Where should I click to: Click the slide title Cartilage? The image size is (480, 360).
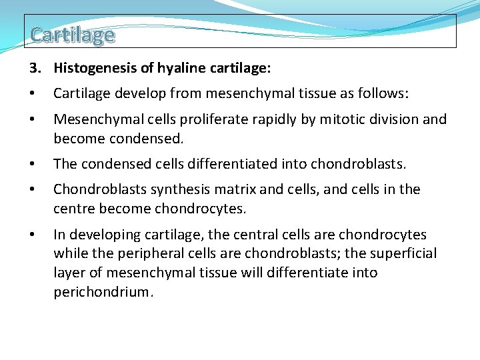click(x=72, y=35)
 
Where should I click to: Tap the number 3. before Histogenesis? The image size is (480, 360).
click(x=35, y=68)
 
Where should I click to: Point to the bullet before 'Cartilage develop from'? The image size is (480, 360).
click(x=32, y=94)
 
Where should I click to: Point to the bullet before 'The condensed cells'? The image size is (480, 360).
click(x=32, y=164)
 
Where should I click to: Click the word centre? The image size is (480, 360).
click(x=74, y=209)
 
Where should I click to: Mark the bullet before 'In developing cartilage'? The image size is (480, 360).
click(x=32, y=235)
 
